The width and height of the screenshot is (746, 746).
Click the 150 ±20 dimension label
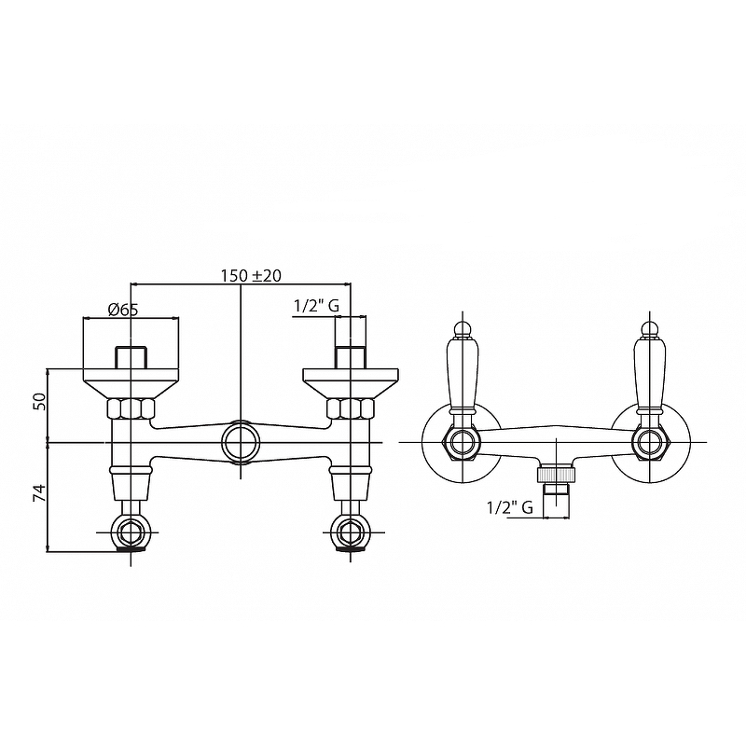[x=251, y=275]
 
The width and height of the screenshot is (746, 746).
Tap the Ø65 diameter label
[x=123, y=310]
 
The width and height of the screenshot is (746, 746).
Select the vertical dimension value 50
[x=40, y=401]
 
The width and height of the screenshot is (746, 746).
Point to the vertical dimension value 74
[x=40, y=493]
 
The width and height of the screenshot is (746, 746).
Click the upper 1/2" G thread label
[x=316, y=306]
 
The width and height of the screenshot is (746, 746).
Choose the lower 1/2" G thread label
[x=509, y=508]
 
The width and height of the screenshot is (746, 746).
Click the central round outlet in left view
[x=242, y=442]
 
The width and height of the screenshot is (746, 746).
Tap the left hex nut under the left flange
[x=131, y=409]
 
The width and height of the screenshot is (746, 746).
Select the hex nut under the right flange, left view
[x=351, y=409]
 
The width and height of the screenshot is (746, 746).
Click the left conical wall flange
[x=131, y=383]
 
